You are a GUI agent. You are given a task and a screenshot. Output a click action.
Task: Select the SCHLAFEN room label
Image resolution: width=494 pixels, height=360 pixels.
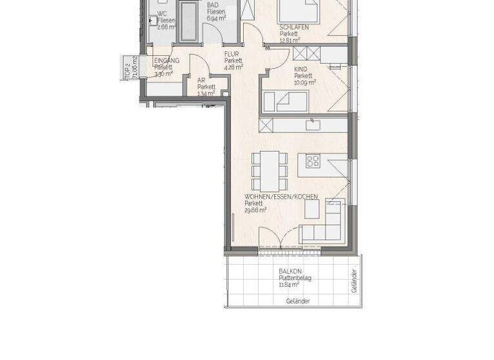tap(294, 27)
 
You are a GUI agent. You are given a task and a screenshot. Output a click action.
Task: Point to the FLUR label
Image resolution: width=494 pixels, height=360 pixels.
tap(231, 55)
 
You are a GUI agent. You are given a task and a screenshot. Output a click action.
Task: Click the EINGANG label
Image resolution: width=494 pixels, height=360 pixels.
tap(166, 60)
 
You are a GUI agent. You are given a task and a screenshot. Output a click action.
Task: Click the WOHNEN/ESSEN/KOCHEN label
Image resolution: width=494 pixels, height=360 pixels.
tap(281, 197)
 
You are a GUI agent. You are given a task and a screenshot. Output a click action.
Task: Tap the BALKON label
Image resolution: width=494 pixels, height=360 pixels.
tap(291, 272)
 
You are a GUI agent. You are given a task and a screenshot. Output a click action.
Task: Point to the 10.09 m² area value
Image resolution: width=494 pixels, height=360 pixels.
tap(305, 82)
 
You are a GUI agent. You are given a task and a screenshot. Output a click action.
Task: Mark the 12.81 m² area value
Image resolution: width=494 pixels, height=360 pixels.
tap(290, 40)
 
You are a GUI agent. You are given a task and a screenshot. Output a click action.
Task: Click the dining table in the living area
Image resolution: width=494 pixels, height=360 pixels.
tap(270, 166)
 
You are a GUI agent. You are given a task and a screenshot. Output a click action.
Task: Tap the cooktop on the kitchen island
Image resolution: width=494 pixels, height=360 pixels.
tap(313, 161)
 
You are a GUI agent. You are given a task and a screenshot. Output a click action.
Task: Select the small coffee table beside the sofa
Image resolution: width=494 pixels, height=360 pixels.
tap(312, 210)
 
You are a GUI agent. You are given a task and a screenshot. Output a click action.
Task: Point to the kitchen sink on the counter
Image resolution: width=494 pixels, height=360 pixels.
tap(313, 124)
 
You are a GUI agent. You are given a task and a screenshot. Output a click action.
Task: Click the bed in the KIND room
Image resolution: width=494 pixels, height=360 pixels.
tap(286, 101)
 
